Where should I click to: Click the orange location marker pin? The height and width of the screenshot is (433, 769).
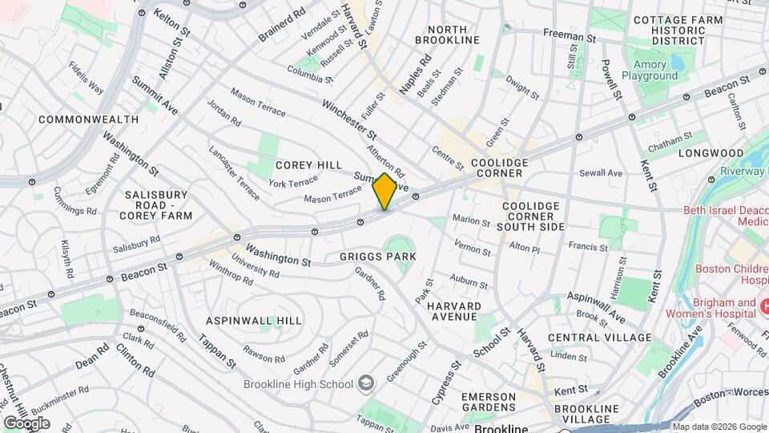(384, 192)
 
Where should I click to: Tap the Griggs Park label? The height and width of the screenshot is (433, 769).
(378, 257)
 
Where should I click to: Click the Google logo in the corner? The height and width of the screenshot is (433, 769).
(26, 423)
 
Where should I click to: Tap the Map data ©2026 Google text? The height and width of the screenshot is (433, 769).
(719, 427)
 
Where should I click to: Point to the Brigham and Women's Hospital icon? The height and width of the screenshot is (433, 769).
(763, 307)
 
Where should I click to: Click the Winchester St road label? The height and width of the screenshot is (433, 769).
(349, 117)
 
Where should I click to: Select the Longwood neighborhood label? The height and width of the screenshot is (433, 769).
(711, 152)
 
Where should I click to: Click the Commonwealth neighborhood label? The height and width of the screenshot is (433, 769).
(88, 119)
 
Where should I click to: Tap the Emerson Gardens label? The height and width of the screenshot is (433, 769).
(488, 403)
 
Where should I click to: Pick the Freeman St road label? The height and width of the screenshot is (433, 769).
(570, 37)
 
